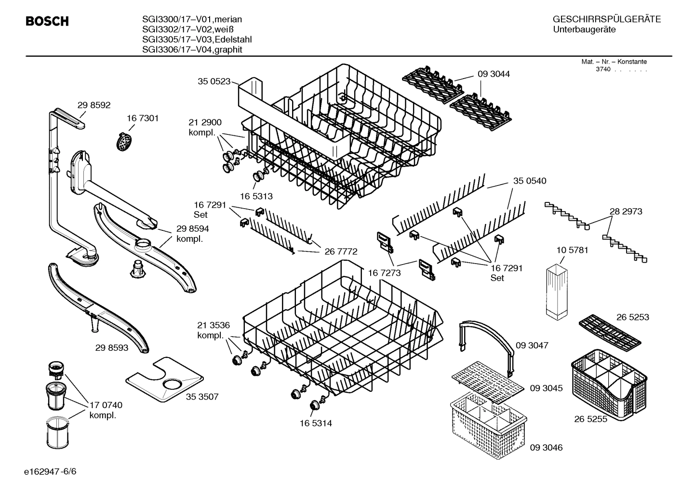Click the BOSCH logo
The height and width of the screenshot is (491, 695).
(x=47, y=22)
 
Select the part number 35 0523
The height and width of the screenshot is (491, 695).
(x=214, y=81)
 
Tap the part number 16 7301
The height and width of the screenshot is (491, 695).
(x=143, y=118)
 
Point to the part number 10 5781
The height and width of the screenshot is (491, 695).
(x=572, y=250)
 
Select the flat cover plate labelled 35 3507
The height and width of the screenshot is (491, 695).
(x=164, y=380)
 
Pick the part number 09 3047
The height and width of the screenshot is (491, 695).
(x=532, y=345)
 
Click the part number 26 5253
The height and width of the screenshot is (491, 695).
(x=632, y=317)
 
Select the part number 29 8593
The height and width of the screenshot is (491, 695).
(x=112, y=347)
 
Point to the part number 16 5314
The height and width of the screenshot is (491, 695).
(x=315, y=423)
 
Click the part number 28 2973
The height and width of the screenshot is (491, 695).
(x=626, y=211)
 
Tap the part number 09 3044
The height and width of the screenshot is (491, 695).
(x=494, y=74)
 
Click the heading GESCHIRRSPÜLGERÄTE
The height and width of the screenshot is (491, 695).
(x=606, y=19)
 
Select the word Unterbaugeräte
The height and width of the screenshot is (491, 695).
(x=584, y=30)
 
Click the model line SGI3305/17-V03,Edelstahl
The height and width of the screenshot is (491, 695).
(x=197, y=40)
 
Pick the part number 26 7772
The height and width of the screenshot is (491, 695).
(x=341, y=251)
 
